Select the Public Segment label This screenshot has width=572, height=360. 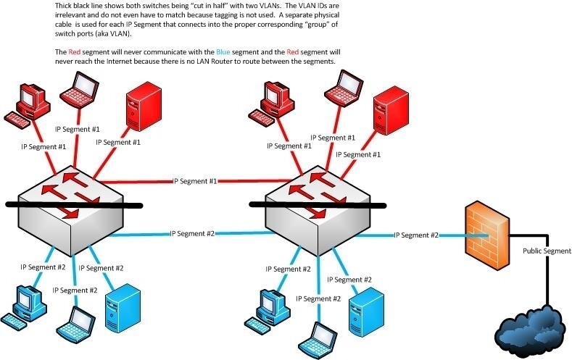click(547, 251)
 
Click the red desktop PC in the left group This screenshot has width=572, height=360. click(26, 105)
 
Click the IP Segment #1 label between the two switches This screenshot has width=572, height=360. click(194, 181)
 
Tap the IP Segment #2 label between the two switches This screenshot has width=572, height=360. click(192, 234)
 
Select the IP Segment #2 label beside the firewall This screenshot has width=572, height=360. click(416, 235)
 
